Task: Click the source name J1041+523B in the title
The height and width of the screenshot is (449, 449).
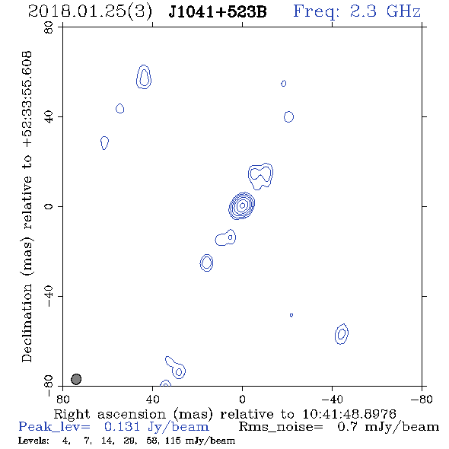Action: [218, 12]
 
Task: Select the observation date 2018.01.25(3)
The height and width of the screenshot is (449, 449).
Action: [90, 12]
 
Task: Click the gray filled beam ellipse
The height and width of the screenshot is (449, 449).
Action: [76, 379]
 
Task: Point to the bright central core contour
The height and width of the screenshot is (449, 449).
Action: [242, 205]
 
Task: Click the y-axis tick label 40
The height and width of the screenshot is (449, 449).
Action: [49, 117]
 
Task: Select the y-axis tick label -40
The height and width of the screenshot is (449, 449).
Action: [49, 296]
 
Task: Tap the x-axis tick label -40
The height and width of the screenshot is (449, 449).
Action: [332, 400]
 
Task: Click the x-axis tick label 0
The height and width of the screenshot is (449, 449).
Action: [242, 400]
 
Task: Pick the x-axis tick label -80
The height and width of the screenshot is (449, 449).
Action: [422, 400]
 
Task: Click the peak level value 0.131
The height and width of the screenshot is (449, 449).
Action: [122, 427]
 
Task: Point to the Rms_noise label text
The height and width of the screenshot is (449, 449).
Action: [281, 427]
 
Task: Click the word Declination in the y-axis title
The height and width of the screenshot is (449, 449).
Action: [27, 323]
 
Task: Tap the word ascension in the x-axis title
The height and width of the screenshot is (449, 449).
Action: [132, 415]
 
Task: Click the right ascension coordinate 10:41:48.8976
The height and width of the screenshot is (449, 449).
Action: [349, 414]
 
